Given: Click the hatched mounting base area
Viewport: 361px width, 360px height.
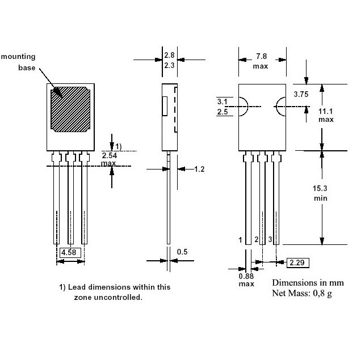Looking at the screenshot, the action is (70, 109).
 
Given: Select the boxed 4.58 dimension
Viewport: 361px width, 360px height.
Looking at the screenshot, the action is (70, 253).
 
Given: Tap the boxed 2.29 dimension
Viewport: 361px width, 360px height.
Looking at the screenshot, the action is (297, 262).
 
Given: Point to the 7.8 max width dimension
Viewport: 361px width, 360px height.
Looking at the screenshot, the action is (261, 61).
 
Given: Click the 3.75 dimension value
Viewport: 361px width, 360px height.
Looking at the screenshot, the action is (301, 94).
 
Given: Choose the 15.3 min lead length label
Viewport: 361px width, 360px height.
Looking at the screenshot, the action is (320, 193).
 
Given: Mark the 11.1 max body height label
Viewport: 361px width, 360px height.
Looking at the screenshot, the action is (326, 116).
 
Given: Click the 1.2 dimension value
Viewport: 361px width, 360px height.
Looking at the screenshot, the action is (199, 169).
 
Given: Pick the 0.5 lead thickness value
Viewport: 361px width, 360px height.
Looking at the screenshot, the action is (182, 252).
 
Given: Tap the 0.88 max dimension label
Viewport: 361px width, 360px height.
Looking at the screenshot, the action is (246, 279).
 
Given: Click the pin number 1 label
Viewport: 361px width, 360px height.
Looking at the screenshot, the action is (240, 240).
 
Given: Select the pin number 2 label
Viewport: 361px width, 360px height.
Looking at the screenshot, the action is (257, 239).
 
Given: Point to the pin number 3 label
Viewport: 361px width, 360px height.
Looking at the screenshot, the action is (270, 239).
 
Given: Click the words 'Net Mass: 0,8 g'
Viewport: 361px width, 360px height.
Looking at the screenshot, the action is (302, 293).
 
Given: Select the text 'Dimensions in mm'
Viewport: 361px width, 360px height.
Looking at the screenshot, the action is (308, 283).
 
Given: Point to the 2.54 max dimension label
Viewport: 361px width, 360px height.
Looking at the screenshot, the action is (109, 159).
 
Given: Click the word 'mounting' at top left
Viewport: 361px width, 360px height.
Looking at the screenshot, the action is (18, 57).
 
